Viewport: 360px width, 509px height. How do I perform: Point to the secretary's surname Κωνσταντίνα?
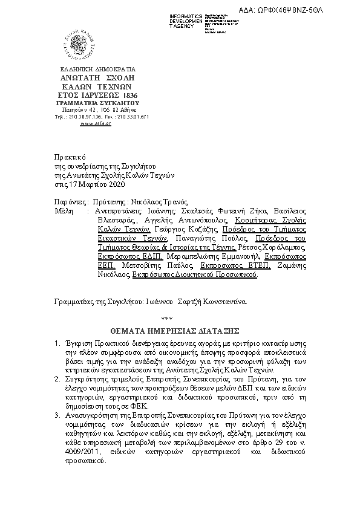(x=224, y=300)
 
